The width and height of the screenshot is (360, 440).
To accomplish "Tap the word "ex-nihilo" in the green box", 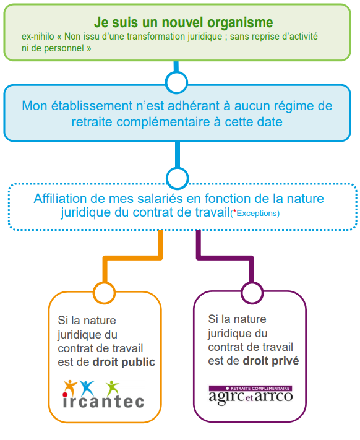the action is [38, 37].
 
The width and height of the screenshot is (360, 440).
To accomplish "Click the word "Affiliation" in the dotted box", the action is [60, 199].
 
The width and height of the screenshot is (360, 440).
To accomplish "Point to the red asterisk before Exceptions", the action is [234, 211].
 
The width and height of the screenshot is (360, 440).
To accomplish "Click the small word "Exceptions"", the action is [257, 214].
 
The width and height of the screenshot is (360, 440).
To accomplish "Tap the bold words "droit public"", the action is [124, 362].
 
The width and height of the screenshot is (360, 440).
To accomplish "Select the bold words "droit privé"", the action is [271, 361].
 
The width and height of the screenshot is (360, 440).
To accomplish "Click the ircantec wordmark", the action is [103, 401].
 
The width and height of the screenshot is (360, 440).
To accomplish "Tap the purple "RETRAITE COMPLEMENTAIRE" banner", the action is [251, 389].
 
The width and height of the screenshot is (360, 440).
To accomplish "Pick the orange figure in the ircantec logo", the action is [70, 388].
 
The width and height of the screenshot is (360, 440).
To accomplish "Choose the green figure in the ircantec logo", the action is [113, 388].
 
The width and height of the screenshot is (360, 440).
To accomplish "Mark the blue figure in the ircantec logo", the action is [87, 388].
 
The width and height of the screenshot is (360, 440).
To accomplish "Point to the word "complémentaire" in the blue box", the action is [163, 122].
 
